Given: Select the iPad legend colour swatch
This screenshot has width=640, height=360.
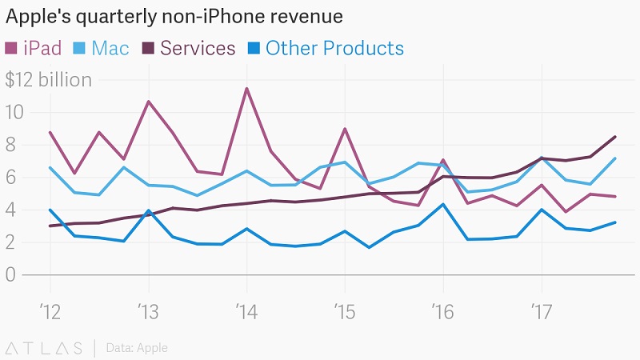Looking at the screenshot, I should point(12,48).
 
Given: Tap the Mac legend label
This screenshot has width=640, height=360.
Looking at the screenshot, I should point(110,48).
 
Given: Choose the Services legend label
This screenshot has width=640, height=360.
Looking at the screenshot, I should point(198,48).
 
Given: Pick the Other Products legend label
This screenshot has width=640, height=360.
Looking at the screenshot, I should point(334,48).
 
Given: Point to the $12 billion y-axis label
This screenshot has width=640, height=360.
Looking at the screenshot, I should point(49,80).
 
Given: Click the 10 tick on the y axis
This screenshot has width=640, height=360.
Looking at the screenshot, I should point(14,113).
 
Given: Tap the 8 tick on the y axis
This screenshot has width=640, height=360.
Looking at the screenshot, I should point(12,145).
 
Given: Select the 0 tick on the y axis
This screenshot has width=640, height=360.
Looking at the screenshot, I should point(12,274).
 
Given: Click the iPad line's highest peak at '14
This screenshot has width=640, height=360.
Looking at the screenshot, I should point(246,88).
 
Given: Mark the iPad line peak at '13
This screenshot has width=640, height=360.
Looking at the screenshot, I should point(148,102).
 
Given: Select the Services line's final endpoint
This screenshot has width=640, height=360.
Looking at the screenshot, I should point(615,137).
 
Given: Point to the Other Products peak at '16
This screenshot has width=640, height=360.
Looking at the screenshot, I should point(443,204).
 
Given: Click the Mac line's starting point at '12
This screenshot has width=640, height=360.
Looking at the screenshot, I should point(50,167).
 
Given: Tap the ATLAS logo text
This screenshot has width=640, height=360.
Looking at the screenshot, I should point(44,348).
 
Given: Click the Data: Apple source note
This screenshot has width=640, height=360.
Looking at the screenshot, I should point(137,348).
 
